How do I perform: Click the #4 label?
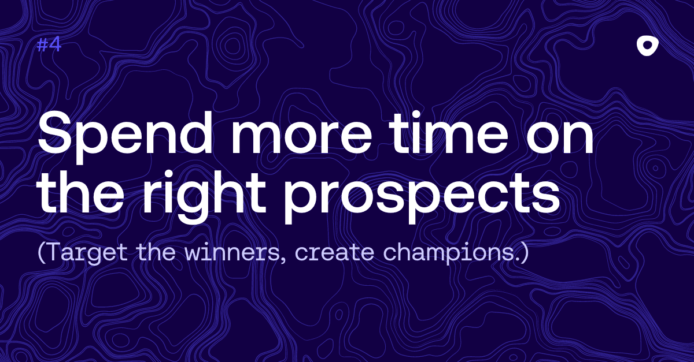pos(49,45)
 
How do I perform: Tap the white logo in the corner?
pos(647,46)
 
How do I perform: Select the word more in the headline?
pos(301,139)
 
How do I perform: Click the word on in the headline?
pos(560,139)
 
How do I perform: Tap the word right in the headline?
pos(204,193)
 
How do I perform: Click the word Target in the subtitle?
pos(88,253)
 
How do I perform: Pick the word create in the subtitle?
pos(335,253)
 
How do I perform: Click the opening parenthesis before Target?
pos(41,253)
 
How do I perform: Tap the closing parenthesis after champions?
pos(525,253)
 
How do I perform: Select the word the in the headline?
pos(80,192)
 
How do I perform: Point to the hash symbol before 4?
pos(42,45)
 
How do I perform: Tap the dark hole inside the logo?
pos(647,45)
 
